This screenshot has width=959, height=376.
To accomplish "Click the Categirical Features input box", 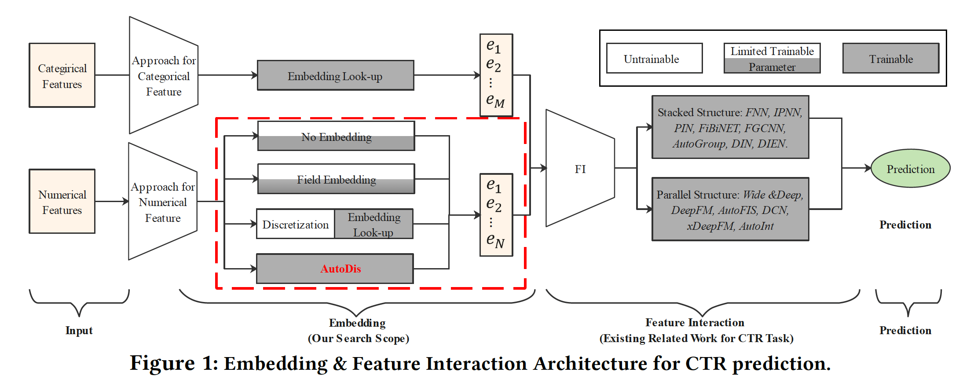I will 62,75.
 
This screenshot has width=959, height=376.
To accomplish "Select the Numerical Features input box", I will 62,202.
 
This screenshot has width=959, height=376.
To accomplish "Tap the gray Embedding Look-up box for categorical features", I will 335,76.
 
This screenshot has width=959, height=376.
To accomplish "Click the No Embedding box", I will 336,136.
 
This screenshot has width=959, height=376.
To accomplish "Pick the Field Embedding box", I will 336,179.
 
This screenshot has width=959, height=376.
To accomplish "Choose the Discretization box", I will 296,224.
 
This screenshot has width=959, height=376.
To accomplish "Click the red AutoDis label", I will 340,269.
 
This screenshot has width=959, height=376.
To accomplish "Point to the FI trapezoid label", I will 580,169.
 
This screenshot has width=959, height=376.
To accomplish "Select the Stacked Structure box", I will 730,128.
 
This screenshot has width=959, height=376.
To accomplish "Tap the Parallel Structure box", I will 730,210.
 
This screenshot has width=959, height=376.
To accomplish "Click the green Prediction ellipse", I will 910,169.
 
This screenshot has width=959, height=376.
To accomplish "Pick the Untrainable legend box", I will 654,59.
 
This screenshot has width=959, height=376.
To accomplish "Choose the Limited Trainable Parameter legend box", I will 772,59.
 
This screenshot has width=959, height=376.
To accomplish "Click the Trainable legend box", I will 890,59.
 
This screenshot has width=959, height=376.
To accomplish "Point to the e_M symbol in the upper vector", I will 495,101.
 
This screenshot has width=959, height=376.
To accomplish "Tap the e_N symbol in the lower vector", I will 495,240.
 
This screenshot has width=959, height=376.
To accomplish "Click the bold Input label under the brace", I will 79,330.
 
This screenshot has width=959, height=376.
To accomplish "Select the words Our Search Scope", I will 359,338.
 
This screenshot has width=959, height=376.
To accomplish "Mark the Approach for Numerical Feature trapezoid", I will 163,202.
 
